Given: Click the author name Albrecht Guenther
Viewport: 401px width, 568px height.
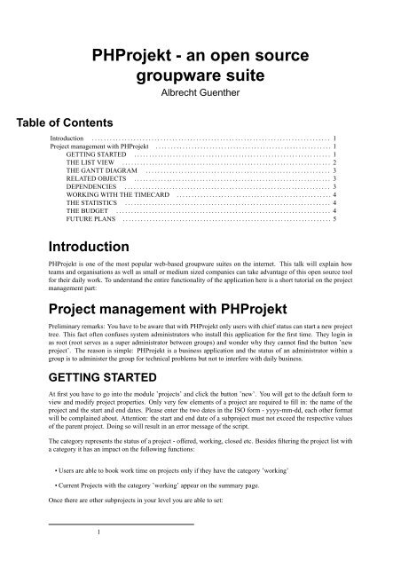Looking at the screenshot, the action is [x=200, y=91].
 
